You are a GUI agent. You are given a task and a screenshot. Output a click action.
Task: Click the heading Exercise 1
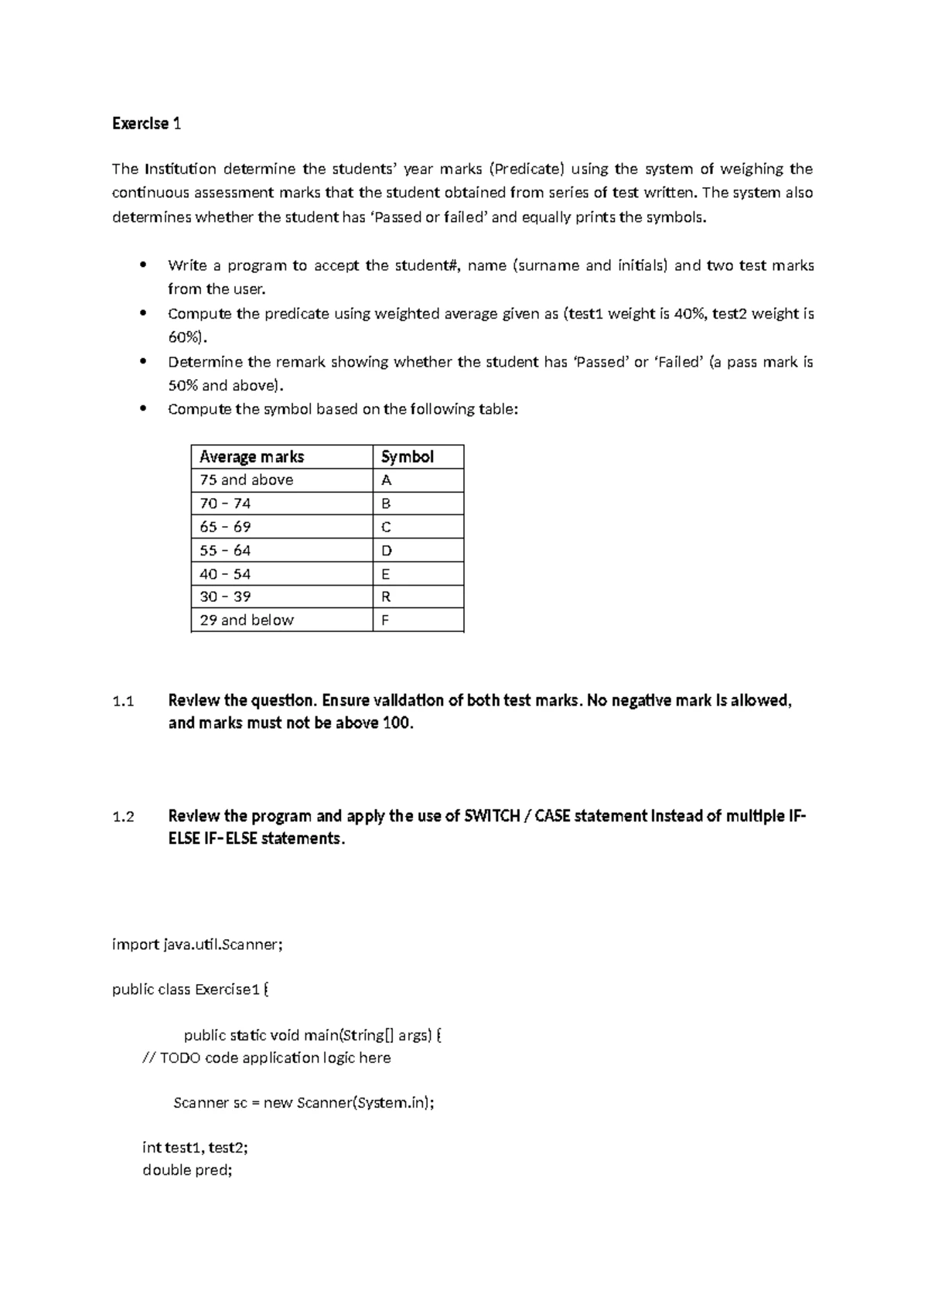pyautogui.click(x=146, y=124)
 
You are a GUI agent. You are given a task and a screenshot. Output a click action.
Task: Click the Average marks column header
pyautogui.click(x=251, y=456)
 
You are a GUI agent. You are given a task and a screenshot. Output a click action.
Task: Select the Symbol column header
pyautogui.click(x=408, y=456)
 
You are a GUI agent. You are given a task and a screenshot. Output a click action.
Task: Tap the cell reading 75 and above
pyautogui.click(x=247, y=480)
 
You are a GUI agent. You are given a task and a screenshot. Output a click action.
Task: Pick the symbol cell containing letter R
pyautogui.click(x=386, y=596)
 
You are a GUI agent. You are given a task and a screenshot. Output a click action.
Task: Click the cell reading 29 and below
pyautogui.click(x=247, y=620)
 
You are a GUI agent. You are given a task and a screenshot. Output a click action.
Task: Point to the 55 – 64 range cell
pyautogui.click(x=225, y=550)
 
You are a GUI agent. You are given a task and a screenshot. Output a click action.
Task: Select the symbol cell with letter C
pyautogui.click(x=386, y=527)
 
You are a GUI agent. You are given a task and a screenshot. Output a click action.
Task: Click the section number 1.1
pyautogui.click(x=123, y=702)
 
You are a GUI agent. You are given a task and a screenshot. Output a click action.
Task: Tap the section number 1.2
pyautogui.click(x=123, y=817)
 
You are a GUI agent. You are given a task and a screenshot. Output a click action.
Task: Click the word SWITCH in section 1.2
pyautogui.click(x=491, y=816)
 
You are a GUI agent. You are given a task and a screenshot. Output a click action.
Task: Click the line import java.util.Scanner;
pyautogui.click(x=197, y=945)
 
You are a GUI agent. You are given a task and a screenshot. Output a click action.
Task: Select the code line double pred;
pyautogui.click(x=187, y=1170)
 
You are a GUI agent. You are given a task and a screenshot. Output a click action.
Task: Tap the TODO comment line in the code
pyautogui.click(x=267, y=1057)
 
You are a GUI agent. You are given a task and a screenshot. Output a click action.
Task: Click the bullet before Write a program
pyautogui.click(x=142, y=265)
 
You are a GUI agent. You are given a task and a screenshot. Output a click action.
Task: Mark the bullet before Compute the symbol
pyautogui.click(x=142, y=409)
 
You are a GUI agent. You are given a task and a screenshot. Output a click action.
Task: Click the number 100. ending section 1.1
pyautogui.click(x=398, y=723)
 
